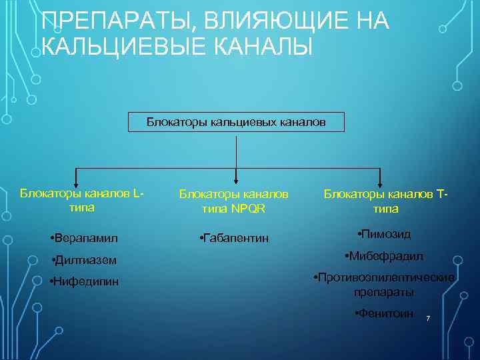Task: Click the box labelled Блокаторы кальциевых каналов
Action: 237,122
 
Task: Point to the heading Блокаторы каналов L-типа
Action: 81,200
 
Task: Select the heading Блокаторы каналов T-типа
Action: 386,201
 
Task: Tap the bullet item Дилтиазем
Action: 83,260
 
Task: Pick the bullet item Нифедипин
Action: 85,281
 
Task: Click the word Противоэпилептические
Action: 385,277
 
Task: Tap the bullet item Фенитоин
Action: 385,314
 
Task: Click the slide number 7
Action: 428,321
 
